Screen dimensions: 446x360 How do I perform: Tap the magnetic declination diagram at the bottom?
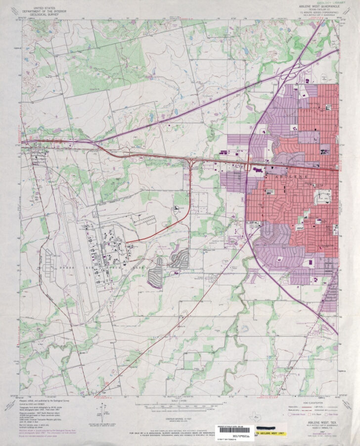[x=103, y=410]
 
